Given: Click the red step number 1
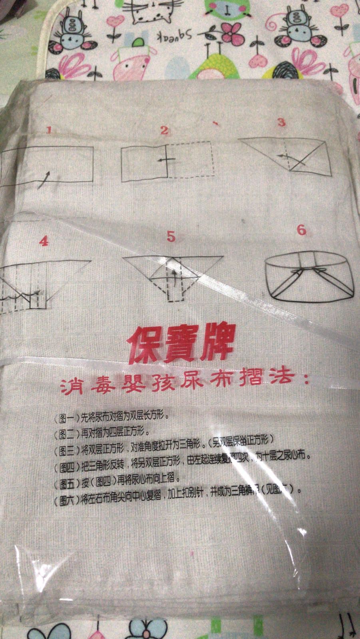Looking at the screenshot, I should [x=49, y=130].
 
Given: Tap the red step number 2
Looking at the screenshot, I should [x=164, y=130].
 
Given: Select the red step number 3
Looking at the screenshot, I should [x=282, y=122].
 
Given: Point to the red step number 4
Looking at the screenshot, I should [x=44, y=241].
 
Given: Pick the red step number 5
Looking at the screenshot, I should [x=171, y=237].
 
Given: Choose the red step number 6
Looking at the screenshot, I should [x=301, y=230].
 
